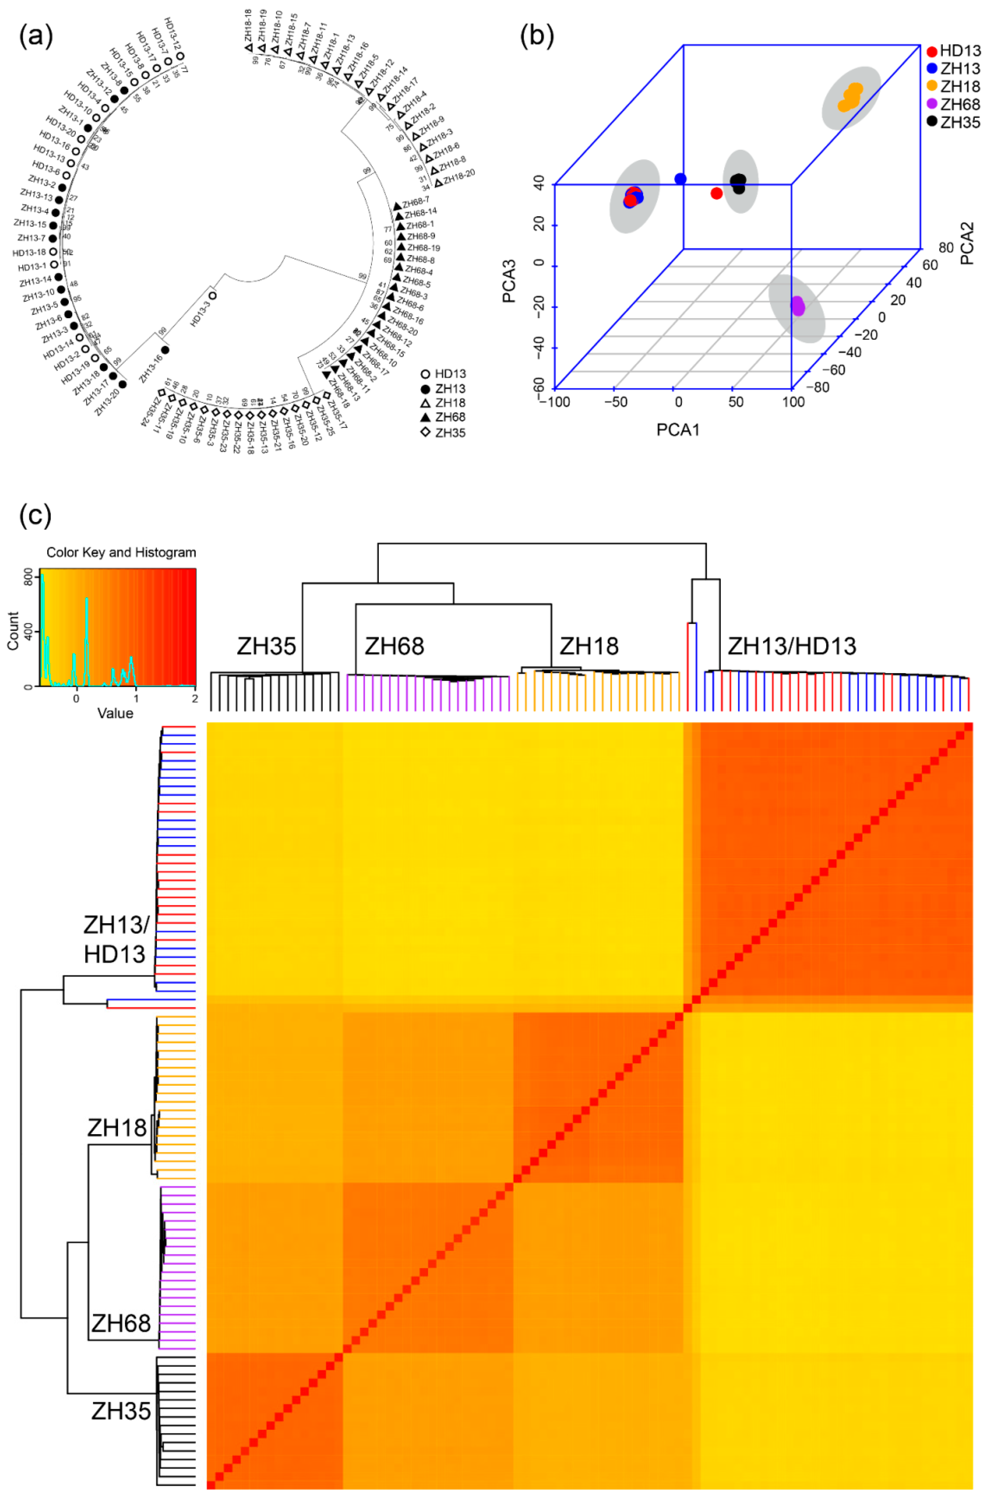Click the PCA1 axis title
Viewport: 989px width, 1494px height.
click(678, 430)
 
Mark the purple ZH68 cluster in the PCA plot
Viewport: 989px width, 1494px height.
click(798, 307)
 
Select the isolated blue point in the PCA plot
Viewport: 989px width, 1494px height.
click(680, 179)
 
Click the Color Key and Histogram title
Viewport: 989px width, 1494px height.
click(121, 553)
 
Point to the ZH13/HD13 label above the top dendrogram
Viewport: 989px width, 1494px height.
click(792, 646)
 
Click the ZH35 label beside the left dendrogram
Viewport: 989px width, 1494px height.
click(121, 1411)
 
